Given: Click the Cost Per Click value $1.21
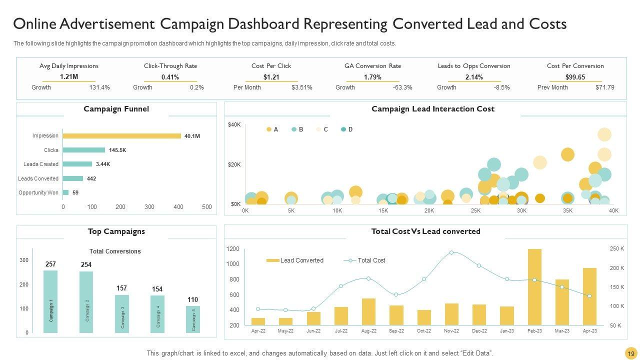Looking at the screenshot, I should click(x=271, y=77).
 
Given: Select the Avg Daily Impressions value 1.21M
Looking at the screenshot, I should click(x=69, y=76).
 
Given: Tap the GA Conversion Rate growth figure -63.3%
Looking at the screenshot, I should click(x=402, y=87).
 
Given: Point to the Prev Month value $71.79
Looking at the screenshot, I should click(x=604, y=87).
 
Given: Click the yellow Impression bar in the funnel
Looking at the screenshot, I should click(x=122, y=136).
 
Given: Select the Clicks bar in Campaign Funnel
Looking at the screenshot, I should click(x=84, y=150).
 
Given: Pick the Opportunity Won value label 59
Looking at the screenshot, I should click(x=75, y=192).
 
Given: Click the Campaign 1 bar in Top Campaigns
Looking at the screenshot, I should click(x=50, y=301).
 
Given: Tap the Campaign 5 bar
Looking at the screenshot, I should click(x=193, y=319).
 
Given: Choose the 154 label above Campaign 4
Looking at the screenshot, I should click(x=157, y=289).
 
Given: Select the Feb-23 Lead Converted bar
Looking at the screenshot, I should click(x=534, y=287).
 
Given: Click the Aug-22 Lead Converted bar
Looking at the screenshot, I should click(x=368, y=312).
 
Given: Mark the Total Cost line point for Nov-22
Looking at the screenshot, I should click(x=451, y=252).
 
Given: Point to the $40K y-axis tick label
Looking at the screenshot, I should click(x=234, y=124).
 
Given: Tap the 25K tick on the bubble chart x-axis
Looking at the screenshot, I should click(x=475, y=211).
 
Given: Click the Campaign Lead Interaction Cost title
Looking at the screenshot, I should click(x=432, y=109).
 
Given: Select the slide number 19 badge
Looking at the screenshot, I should click(x=631, y=353).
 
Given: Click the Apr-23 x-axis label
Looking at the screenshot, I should click(x=589, y=331).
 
